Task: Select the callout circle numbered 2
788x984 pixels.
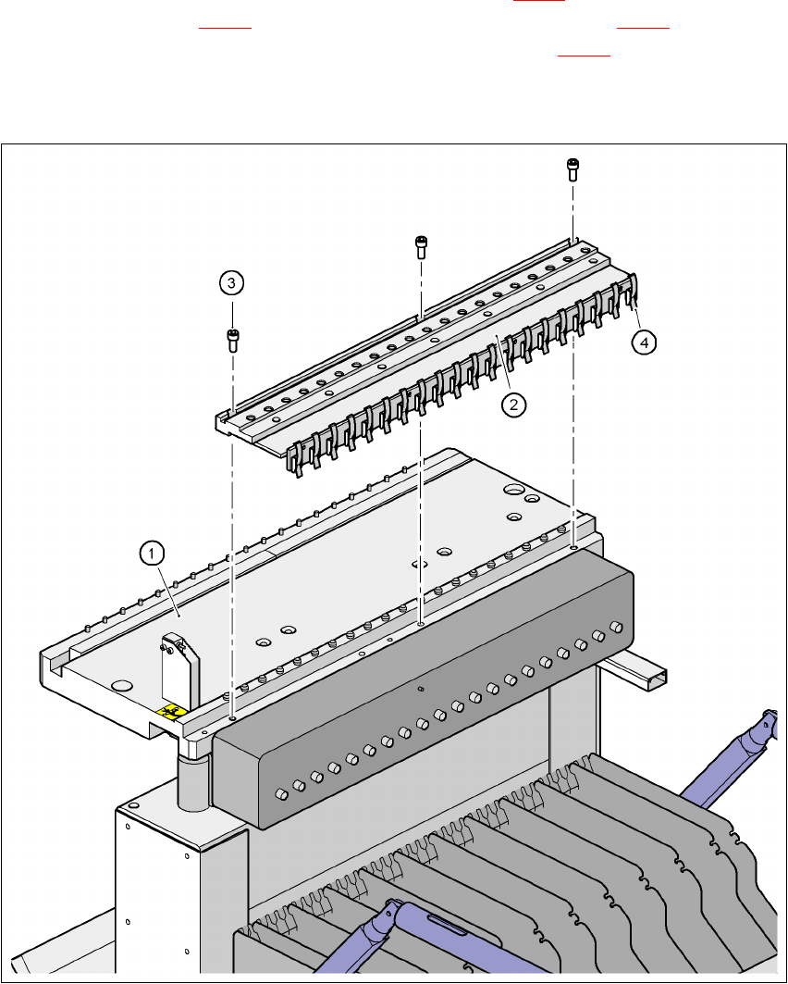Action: [514, 405]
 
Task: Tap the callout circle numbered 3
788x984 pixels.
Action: [232, 281]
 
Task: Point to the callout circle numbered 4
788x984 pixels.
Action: [645, 342]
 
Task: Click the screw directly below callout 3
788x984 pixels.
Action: [232, 341]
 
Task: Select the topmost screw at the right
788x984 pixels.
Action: [573, 169]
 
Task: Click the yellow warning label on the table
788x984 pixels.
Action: [169, 711]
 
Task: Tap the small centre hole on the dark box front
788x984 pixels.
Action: [420, 689]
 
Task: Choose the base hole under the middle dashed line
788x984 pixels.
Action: [422, 625]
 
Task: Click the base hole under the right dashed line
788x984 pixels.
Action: [574, 548]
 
